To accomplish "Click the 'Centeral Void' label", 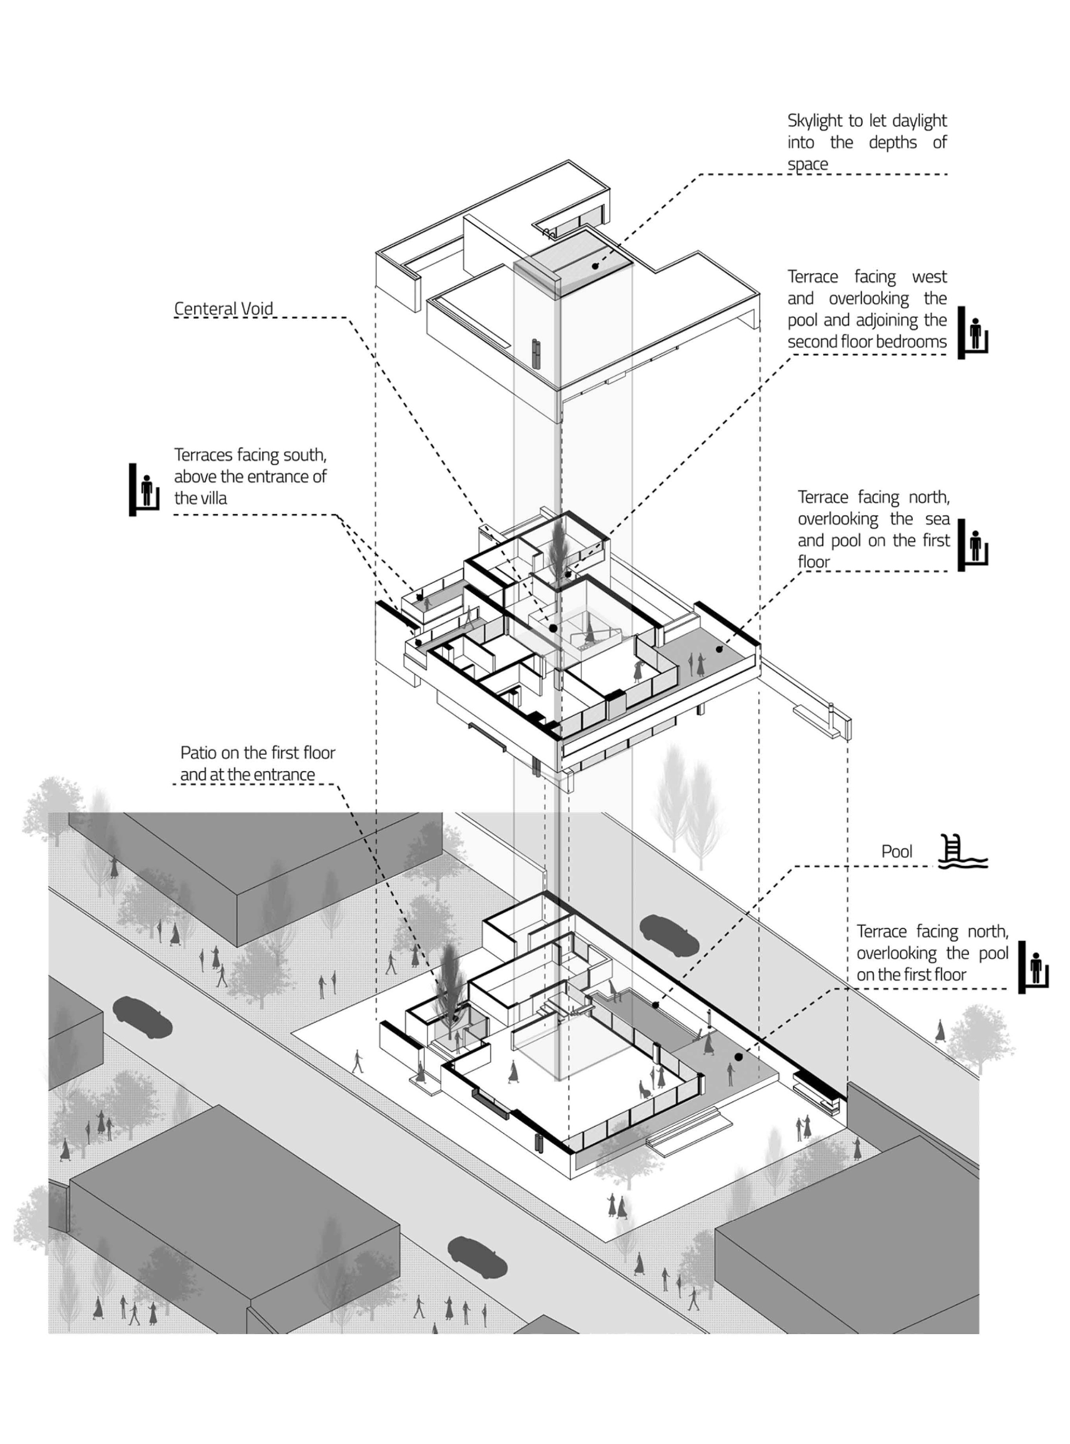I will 223,309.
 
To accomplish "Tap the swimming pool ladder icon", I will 963,851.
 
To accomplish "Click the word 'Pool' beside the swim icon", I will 897,851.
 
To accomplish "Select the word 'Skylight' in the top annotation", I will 815,121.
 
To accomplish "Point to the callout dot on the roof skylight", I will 595,266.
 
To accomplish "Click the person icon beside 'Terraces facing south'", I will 145,490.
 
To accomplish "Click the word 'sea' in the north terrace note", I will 937,519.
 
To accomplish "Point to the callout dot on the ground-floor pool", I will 655,1005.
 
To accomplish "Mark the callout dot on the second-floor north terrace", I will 719,649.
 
